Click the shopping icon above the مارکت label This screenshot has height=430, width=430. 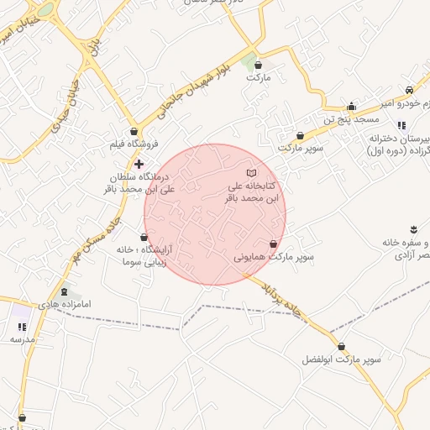click(258, 64)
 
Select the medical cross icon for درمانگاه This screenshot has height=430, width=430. click(139, 163)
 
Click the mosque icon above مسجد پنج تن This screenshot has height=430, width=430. click(351, 106)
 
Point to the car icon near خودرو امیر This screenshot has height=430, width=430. click(408, 90)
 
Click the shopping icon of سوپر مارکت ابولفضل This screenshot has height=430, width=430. click(341, 346)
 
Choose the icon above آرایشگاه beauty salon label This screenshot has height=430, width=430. click(144, 238)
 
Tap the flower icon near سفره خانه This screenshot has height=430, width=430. click(413, 229)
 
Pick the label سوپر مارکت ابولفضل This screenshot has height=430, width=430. click(342, 359)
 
